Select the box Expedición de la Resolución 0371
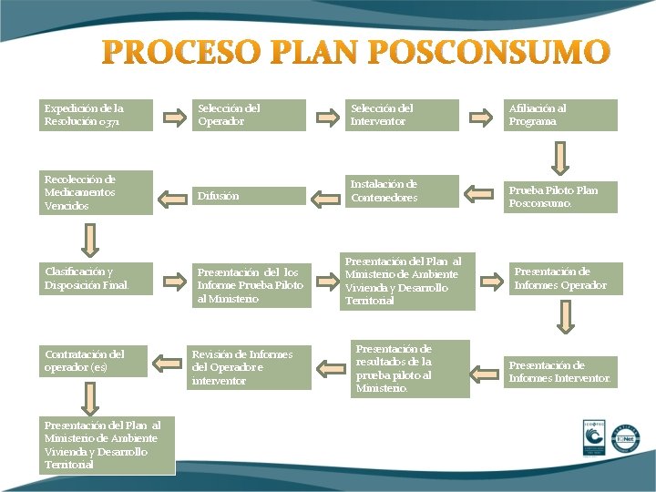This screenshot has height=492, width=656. [x=96, y=115]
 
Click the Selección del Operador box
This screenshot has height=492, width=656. [x=251, y=115]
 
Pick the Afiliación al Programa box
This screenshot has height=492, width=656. [x=560, y=115]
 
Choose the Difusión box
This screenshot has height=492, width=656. [x=251, y=196]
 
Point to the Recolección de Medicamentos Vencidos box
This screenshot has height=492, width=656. [x=96, y=192]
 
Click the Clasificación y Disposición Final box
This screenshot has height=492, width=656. [x=96, y=279]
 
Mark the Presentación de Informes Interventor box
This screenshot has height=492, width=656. [x=560, y=372]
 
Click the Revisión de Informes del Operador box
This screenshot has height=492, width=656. [x=249, y=367]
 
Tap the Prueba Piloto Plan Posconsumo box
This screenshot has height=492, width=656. [x=560, y=197]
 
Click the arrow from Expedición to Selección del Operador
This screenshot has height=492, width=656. [x=173, y=117]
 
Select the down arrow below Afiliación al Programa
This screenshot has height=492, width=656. [x=561, y=157]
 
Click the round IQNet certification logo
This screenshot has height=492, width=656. [x=626, y=438]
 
